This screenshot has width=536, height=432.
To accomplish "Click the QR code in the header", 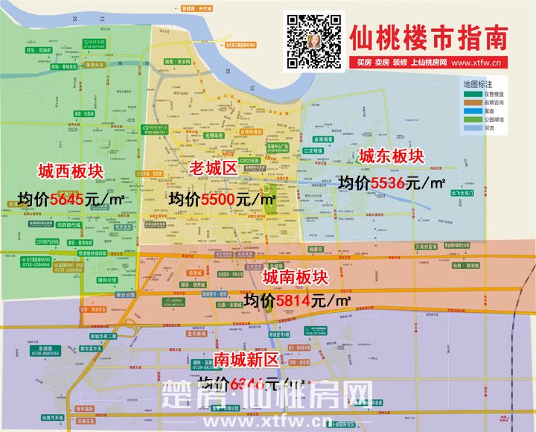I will [314, 42].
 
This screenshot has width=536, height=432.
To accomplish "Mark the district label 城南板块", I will [296, 277].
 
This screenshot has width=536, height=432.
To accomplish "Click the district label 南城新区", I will [246, 360].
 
